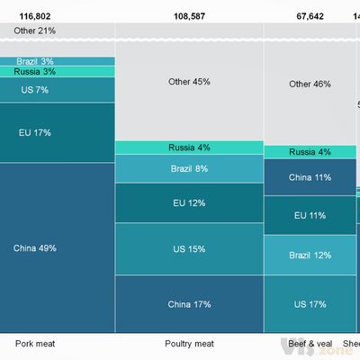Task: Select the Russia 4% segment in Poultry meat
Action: (x=189, y=148)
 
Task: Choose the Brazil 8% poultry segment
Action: (x=189, y=168)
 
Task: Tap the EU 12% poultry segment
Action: (x=189, y=202)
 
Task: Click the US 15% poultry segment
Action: (x=189, y=248)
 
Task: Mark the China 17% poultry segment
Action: (x=189, y=304)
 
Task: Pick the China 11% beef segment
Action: (x=310, y=177)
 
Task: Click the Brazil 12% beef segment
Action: (x=310, y=256)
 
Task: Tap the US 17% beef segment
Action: (x=310, y=304)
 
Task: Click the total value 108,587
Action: (x=189, y=15)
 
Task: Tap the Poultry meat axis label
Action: (x=189, y=343)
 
